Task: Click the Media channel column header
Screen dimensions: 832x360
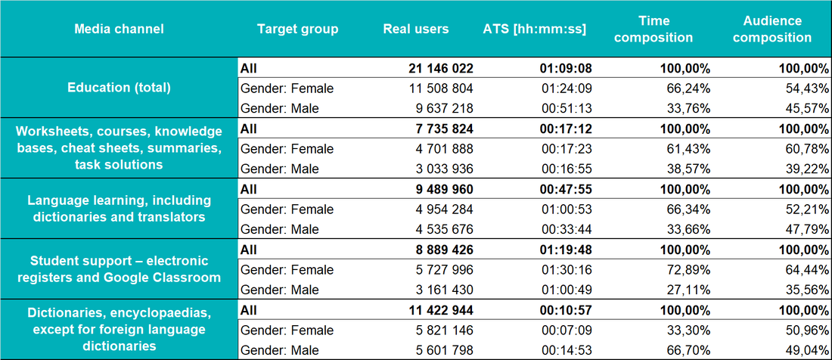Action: pos(119,29)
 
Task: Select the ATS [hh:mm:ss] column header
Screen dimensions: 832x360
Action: pos(535,29)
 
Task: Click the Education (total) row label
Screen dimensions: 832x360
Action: pos(119,88)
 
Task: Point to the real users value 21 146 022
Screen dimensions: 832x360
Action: pos(441,68)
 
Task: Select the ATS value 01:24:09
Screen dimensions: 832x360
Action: pos(567,88)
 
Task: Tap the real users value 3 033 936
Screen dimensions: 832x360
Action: pos(444,169)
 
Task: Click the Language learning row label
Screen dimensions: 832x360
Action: pos(119,209)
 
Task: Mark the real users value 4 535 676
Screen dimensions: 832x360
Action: pos(444,230)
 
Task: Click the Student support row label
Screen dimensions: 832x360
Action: pos(119,269)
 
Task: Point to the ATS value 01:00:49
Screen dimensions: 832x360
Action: pos(567,290)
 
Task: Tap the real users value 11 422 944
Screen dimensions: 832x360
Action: pos(441,310)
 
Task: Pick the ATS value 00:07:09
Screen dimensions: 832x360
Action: pos(567,331)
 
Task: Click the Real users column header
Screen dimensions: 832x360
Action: pos(416,29)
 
